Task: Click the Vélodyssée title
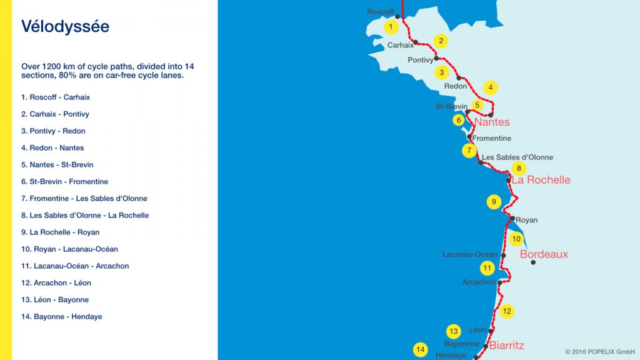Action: click(65, 26)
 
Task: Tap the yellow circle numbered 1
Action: click(391, 27)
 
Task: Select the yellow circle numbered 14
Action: click(421, 350)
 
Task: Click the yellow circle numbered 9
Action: click(494, 202)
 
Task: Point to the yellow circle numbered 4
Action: click(491, 87)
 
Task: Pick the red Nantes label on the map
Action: click(492, 122)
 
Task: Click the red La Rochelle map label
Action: click(541, 180)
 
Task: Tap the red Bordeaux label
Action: click(544, 254)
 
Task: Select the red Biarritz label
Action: click(506, 345)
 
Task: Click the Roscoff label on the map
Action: click(381, 12)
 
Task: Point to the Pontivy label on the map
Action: click(420, 60)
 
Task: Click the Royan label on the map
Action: click(527, 220)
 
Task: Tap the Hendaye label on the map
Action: click(451, 355)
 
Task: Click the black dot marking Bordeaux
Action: click(533, 262)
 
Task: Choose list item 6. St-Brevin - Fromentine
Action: click(64, 182)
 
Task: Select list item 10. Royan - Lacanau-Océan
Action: click(69, 249)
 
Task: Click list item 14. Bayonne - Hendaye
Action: click(61, 317)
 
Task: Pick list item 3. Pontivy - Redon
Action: click(53, 131)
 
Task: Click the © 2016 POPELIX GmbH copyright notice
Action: click(600, 352)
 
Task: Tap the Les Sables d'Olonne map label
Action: click(517, 157)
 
